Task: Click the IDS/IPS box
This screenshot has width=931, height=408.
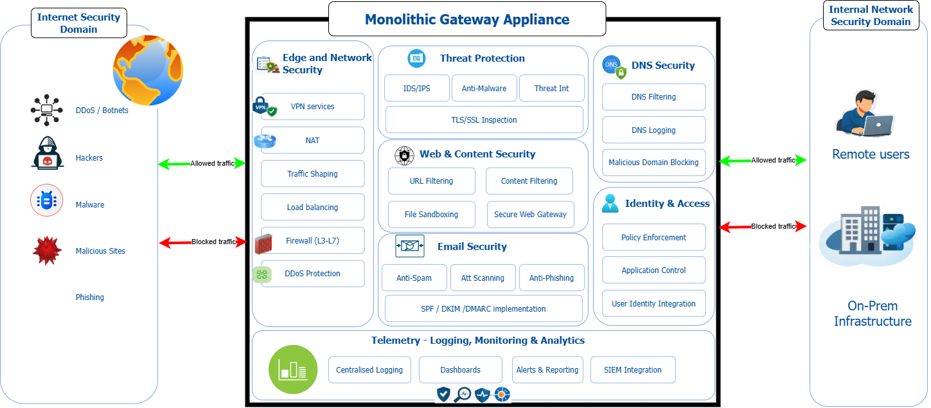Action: tap(416, 88)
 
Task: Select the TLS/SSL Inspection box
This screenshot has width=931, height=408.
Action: tap(484, 120)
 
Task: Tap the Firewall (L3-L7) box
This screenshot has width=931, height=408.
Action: tap(312, 240)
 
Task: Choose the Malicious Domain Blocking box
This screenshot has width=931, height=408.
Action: tap(653, 163)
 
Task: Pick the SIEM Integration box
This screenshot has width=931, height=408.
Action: tap(633, 370)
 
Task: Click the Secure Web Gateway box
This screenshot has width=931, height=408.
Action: tap(530, 215)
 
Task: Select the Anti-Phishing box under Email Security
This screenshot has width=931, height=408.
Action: tap(551, 278)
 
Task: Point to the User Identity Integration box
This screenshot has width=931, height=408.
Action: tap(653, 304)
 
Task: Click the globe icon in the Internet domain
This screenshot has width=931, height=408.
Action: tap(148, 70)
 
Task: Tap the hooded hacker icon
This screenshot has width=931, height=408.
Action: tap(48, 153)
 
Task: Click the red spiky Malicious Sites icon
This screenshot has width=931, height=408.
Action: tap(47, 251)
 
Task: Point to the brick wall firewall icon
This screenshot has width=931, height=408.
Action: tap(263, 244)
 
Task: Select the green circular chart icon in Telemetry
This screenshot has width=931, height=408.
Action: tap(293, 369)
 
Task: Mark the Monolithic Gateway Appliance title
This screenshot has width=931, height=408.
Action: tap(466, 19)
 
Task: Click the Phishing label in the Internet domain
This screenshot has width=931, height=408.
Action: tap(90, 297)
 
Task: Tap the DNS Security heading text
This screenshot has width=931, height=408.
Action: tap(663, 66)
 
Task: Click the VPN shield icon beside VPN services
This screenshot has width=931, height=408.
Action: tap(264, 107)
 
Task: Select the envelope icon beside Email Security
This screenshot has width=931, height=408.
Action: tap(410, 246)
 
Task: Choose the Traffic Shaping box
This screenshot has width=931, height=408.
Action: tap(312, 173)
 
